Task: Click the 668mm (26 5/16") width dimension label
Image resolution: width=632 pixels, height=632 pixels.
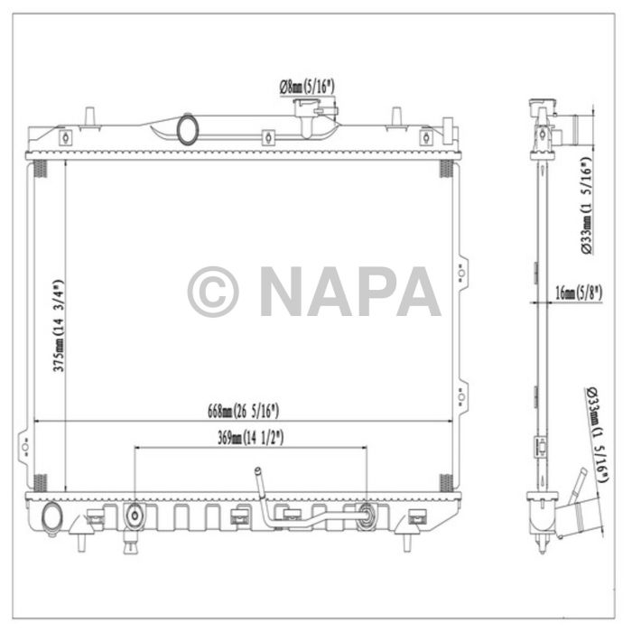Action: [x=243, y=412]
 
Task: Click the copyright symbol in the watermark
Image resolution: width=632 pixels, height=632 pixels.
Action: [x=213, y=292]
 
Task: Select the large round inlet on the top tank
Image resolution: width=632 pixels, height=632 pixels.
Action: [x=188, y=127]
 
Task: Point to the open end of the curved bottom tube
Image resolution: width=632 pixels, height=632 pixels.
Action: [x=256, y=471]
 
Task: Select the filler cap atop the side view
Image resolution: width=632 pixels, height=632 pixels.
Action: [x=542, y=109]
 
